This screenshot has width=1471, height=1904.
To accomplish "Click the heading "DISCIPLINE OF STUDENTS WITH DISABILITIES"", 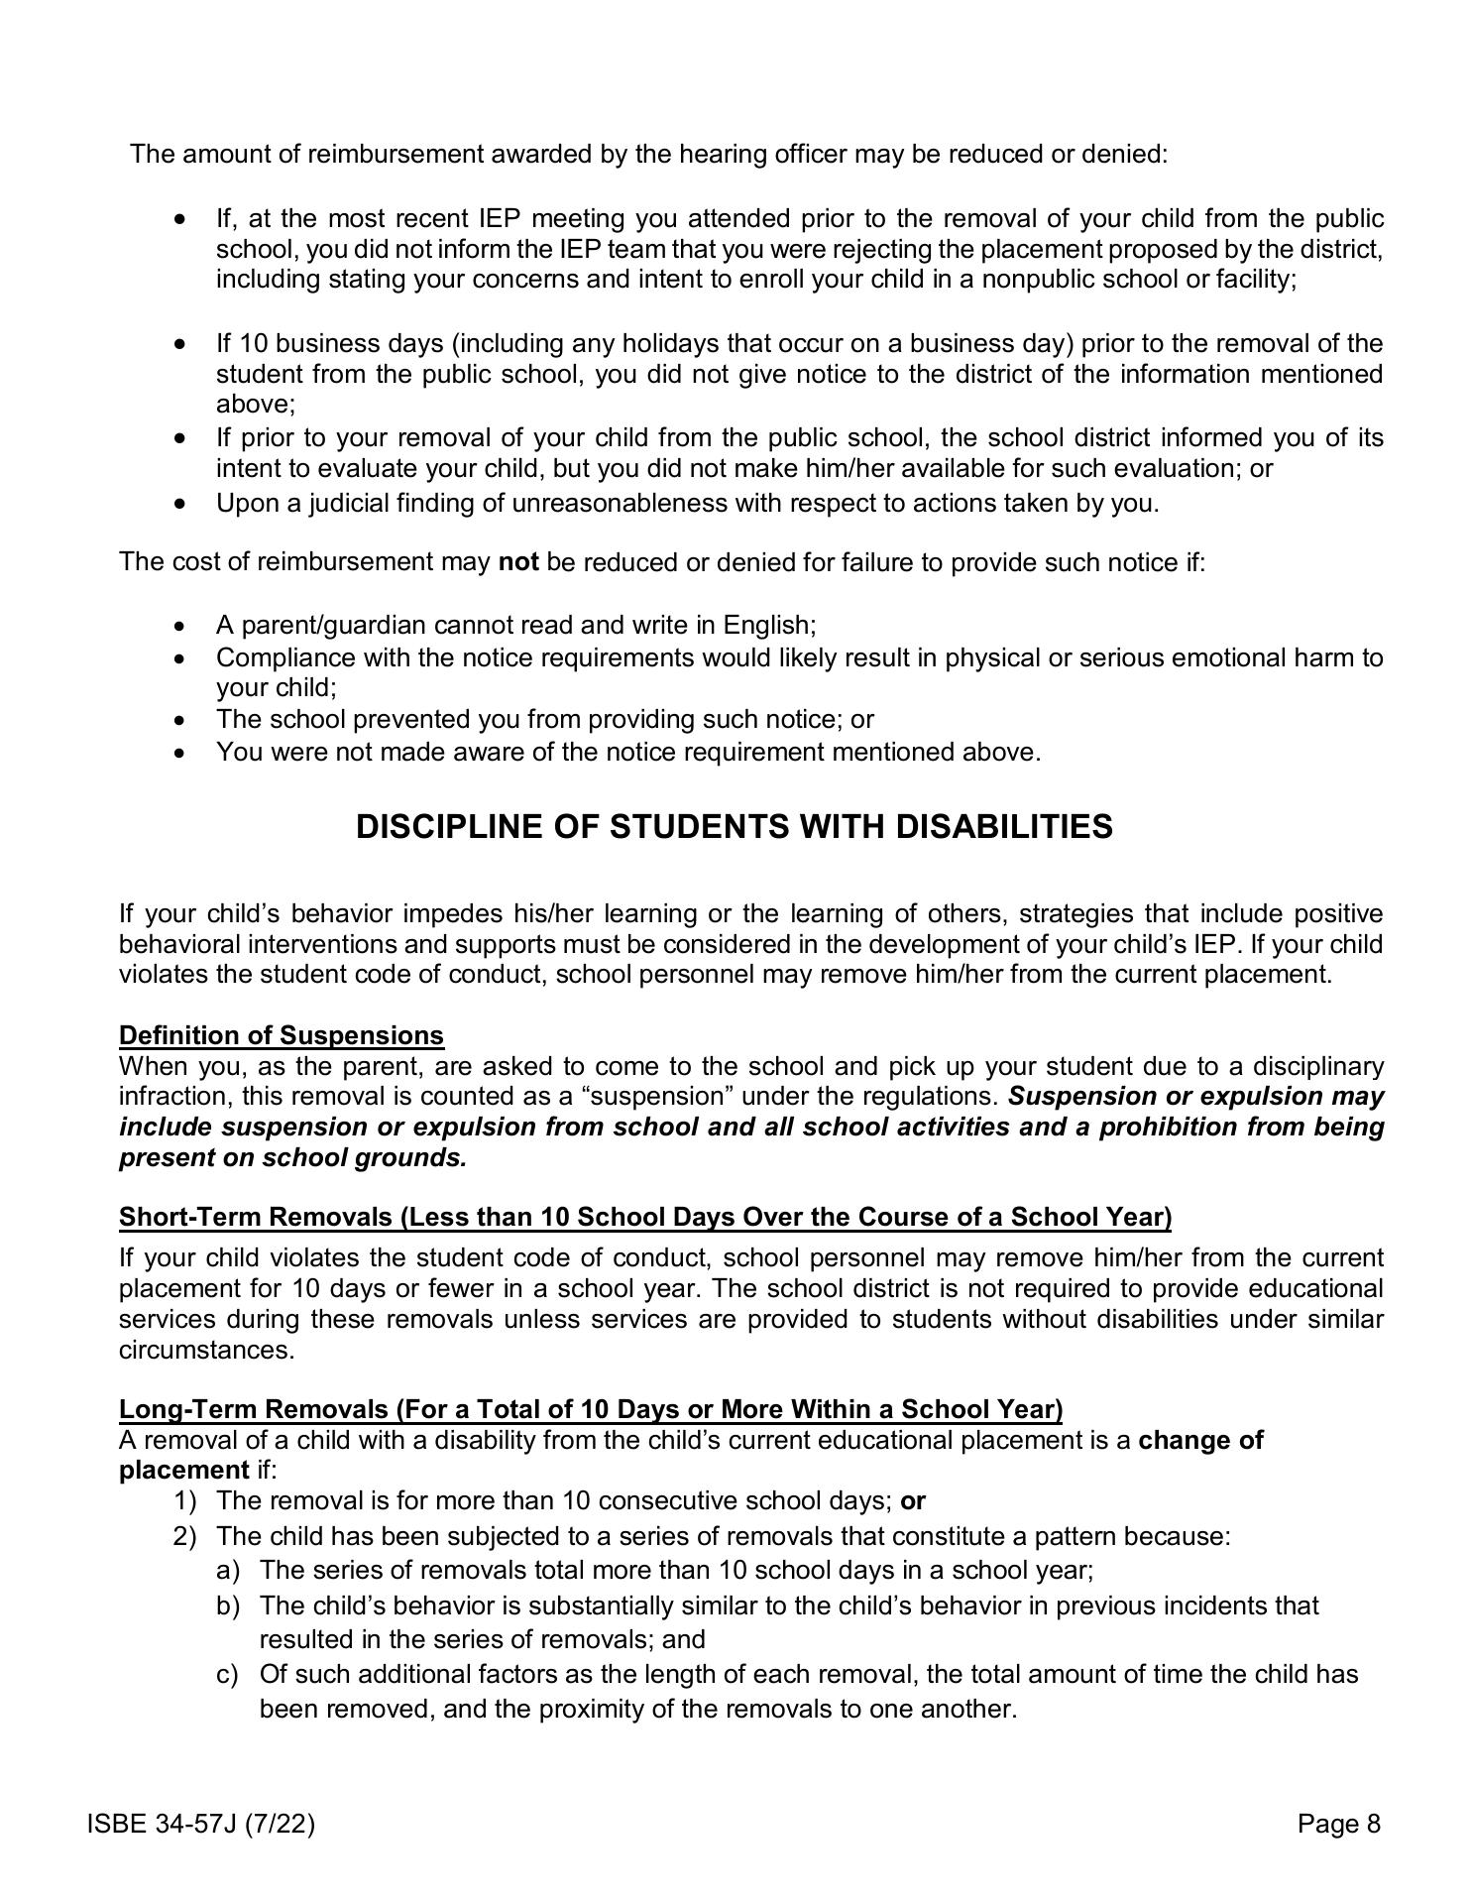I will [734, 827].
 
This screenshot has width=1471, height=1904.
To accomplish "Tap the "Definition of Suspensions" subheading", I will [282, 1035].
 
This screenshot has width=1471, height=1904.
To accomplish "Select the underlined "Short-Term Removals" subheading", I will [644, 1217].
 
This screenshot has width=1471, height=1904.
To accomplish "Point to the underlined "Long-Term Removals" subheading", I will [591, 1409].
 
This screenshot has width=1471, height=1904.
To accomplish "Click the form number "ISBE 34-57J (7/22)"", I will [201, 1824].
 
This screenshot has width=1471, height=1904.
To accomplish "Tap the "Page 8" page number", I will [1338, 1824].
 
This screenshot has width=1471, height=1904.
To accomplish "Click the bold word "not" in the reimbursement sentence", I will [518, 562].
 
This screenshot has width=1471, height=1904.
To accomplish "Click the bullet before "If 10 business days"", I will [179, 344].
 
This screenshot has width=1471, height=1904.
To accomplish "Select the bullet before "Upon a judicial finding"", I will [179, 504].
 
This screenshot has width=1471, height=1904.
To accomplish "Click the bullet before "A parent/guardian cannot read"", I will [179, 626].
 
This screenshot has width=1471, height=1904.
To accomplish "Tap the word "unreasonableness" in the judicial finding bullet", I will [620, 503].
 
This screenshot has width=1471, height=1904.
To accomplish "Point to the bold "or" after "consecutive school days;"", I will [913, 1500].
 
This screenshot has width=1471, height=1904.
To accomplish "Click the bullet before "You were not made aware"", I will [179, 752].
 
